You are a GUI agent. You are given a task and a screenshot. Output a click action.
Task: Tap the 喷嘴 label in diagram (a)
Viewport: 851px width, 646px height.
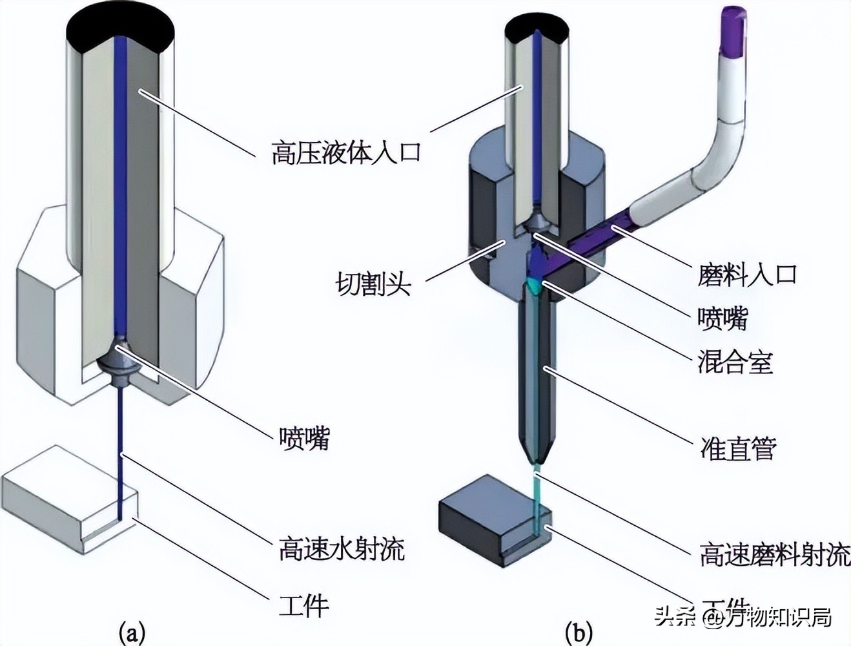point(304,437)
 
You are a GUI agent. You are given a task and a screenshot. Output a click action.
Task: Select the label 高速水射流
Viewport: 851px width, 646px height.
point(342,548)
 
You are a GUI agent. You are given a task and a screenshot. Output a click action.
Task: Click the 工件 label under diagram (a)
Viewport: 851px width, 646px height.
point(304,605)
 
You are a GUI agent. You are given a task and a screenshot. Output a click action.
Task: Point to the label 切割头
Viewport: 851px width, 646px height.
point(373,284)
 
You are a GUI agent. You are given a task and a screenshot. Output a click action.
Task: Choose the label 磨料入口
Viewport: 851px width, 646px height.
point(748,274)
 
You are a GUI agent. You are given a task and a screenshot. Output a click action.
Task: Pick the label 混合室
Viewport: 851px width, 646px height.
point(735,362)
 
